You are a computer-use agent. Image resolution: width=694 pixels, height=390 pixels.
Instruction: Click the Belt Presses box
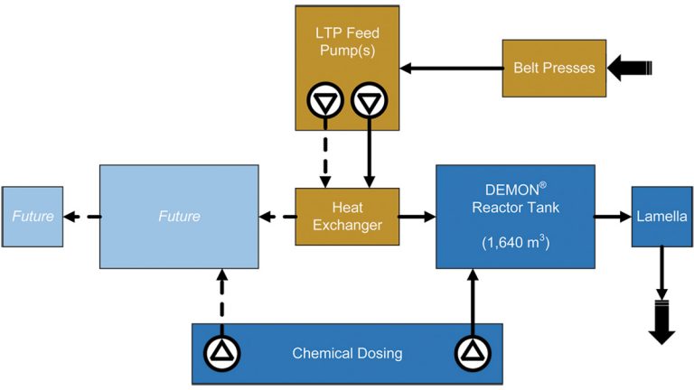pyautogui.click(x=554, y=68)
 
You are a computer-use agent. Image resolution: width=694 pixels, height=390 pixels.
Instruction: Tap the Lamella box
pyautogui.click(x=661, y=217)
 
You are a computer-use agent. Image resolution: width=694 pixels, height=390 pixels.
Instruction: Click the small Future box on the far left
pyautogui.click(x=32, y=217)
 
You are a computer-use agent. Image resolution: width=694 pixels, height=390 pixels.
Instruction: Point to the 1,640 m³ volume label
pyautogui.click(x=515, y=243)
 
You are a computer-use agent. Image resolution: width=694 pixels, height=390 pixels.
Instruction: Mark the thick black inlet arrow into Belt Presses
pyautogui.click(x=629, y=68)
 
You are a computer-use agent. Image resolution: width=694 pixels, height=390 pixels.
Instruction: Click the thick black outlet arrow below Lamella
pyautogui.click(x=661, y=323)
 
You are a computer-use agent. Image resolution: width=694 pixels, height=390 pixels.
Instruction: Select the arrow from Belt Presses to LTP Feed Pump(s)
pyautogui.click(x=451, y=68)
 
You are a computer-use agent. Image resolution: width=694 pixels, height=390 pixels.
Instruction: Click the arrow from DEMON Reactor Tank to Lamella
pyautogui.click(x=612, y=217)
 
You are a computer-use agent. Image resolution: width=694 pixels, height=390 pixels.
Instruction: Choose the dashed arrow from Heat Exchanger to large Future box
pyautogui.click(x=277, y=217)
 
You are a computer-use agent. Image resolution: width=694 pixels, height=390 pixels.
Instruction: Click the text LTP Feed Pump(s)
pyautogui.click(x=347, y=40)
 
